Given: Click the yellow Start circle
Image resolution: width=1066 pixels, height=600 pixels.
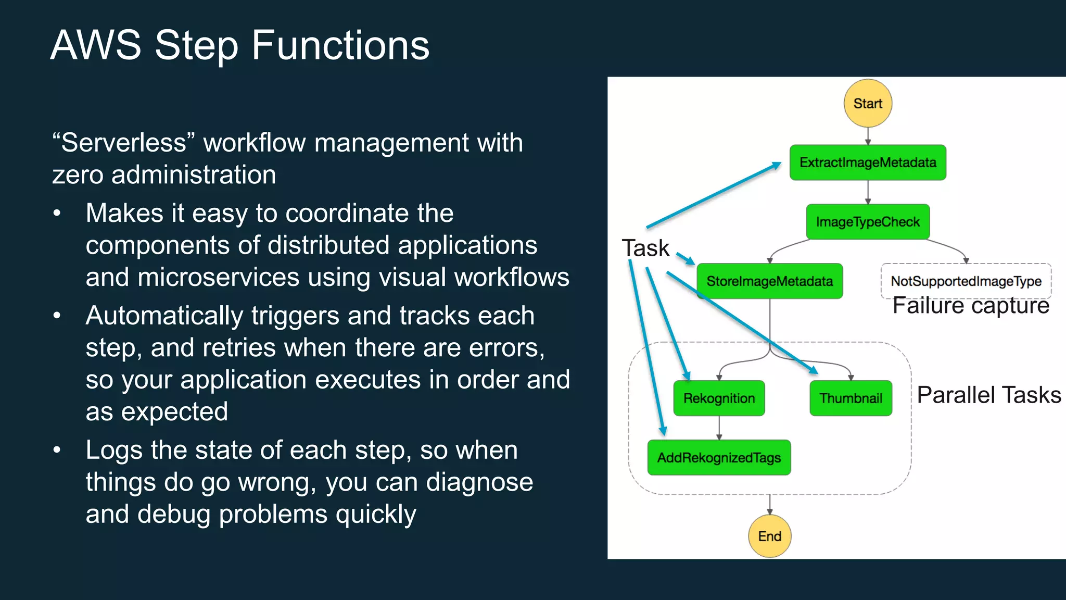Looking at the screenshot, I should (x=867, y=103).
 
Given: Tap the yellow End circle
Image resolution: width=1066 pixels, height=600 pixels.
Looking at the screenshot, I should (x=769, y=536).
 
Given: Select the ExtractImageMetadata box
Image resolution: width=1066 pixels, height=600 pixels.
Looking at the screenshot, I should (x=867, y=162).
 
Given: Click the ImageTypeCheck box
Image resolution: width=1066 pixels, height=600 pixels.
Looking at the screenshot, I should (x=867, y=222).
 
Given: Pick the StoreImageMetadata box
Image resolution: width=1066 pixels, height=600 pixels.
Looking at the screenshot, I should (x=769, y=281).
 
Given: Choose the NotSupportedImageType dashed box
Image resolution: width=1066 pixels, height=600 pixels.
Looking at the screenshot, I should (x=966, y=281).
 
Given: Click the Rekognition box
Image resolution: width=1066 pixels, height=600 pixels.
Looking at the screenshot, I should (x=719, y=398).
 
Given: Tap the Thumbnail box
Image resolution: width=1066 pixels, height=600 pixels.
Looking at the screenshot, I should (x=851, y=398).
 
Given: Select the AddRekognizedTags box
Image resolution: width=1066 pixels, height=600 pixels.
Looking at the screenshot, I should (x=719, y=458).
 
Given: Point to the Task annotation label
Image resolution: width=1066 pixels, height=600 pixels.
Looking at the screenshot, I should (x=645, y=248).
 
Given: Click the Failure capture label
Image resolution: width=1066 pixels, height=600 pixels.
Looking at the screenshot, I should (x=971, y=306).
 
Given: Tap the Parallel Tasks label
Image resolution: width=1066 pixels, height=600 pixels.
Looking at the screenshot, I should (x=988, y=395).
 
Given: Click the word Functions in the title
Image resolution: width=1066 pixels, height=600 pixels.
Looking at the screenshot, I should (x=340, y=45).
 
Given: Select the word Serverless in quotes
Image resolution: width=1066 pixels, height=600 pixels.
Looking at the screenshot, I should (x=123, y=143).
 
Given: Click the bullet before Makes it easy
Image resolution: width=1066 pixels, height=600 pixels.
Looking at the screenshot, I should (x=57, y=214).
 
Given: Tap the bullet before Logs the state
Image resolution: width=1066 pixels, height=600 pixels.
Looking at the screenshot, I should (x=57, y=450).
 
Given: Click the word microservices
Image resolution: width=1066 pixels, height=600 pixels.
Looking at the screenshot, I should (x=218, y=277).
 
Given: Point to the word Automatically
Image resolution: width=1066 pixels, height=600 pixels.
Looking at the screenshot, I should (x=164, y=316).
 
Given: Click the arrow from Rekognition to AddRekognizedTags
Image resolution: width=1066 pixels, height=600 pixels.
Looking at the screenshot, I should (x=719, y=428).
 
